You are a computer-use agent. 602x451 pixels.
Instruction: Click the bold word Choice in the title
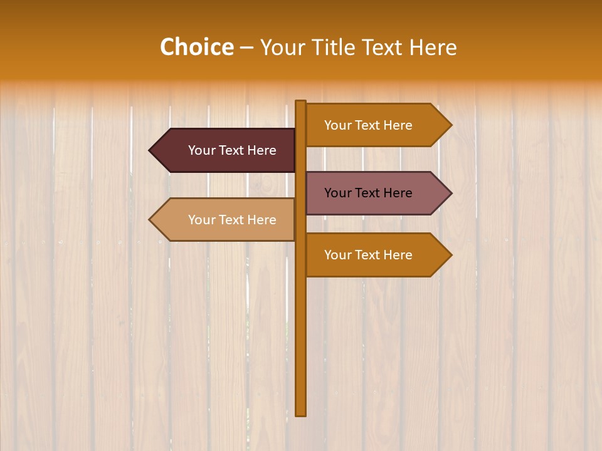tap(196, 48)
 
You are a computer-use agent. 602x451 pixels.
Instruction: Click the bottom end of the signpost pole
tap(301, 413)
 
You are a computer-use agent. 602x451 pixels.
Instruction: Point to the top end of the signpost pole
tap(301, 102)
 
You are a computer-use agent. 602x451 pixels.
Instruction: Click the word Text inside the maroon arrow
tap(231, 150)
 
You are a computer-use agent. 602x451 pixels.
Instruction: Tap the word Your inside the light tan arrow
tap(201, 220)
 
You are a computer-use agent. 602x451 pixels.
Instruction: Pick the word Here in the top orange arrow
tap(397, 125)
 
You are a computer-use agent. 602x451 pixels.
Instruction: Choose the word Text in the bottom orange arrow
tap(367, 255)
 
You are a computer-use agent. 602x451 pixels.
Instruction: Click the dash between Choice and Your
tap(246, 48)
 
